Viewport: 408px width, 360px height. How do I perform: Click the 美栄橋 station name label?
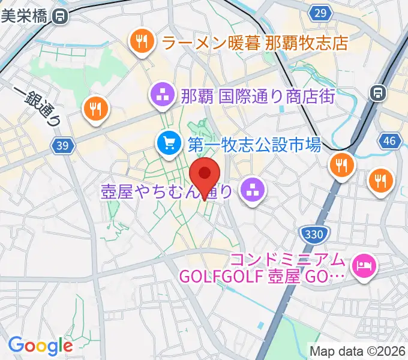coord(24,17)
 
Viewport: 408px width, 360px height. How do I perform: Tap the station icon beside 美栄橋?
coord(59,17)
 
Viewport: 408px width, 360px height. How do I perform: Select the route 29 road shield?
coord(322,13)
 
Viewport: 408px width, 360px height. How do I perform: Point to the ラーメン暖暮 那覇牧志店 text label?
coord(256,43)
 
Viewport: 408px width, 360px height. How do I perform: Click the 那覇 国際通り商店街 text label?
coord(257,95)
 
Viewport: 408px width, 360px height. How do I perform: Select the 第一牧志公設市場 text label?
coord(254,144)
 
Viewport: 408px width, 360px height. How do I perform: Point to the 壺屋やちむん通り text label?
coord(166,192)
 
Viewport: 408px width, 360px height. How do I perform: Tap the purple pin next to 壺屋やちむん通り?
coord(251,191)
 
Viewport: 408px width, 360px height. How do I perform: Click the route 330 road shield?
coord(310,233)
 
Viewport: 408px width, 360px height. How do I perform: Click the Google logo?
coord(40,346)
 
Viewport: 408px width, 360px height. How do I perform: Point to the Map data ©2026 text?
coord(358,350)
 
